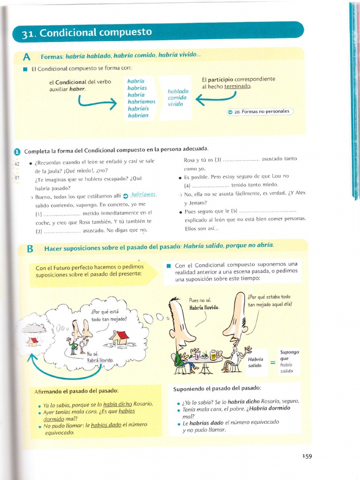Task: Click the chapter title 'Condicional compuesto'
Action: pyautogui.click(x=96, y=33)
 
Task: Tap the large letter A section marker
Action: pyautogui.click(x=27, y=57)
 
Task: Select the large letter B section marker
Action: pyautogui.click(x=30, y=249)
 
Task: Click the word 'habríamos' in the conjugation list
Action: pyautogui.click(x=142, y=101)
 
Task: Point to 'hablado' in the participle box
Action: pyautogui.click(x=178, y=91)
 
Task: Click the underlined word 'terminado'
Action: pyautogui.click(x=238, y=86)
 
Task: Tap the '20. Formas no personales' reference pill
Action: pyautogui.click(x=261, y=112)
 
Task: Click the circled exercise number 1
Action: pyautogui.click(x=17, y=151)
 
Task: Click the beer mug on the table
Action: pyautogui.click(x=213, y=354)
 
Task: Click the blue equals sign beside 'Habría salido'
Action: pyautogui.click(x=272, y=362)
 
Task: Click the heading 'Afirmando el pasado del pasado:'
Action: pyautogui.click(x=76, y=390)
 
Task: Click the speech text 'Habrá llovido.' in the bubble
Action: pyautogui.click(x=100, y=361)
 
